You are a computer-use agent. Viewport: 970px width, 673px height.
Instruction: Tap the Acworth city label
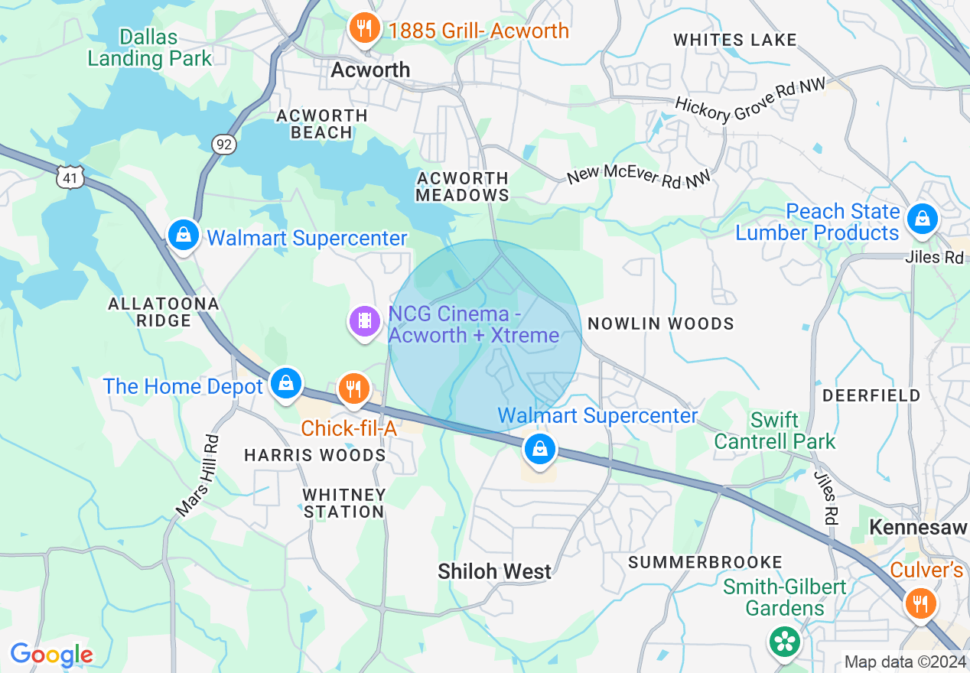point(370,70)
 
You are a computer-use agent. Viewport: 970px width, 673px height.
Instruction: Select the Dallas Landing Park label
point(149,47)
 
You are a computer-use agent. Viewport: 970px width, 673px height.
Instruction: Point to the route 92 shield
point(224,145)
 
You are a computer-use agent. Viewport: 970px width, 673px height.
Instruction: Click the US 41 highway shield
point(69,178)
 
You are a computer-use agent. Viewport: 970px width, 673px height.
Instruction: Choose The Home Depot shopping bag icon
point(286,383)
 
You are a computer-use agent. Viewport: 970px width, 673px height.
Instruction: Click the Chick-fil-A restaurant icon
point(353,389)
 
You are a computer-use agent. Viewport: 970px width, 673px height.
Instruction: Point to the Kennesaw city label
point(918,528)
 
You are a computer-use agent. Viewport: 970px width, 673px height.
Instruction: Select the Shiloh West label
point(494,571)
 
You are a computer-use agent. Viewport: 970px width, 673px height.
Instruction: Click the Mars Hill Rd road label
point(197,475)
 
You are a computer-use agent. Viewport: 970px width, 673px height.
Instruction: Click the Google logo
point(51,655)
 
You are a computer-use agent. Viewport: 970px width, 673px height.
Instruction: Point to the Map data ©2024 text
point(904,662)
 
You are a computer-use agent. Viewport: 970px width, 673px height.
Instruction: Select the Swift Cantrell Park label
point(774,431)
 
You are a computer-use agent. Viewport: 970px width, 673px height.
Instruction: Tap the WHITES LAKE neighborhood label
point(734,40)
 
